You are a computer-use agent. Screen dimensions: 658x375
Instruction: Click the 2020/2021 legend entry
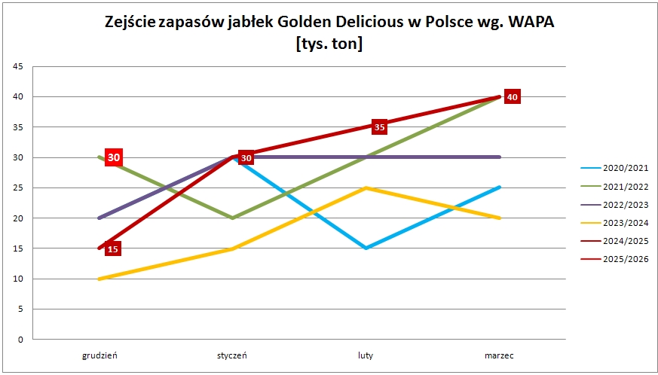pyautogui.click(x=614, y=168)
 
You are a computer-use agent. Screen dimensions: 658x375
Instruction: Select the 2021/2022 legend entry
pyautogui.click(x=614, y=187)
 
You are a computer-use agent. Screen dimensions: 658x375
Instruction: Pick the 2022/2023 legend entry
pyautogui.click(x=614, y=205)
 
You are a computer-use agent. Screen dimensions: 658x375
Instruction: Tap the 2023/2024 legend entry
pyautogui.click(x=614, y=223)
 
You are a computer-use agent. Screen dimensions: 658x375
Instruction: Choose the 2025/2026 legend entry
pyautogui.click(x=614, y=259)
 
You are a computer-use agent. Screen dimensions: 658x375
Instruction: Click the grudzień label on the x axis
pyautogui.click(x=99, y=356)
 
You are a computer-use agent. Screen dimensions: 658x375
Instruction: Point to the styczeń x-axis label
pyautogui.click(x=232, y=356)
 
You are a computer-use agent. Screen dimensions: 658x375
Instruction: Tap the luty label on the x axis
pyautogui.click(x=366, y=356)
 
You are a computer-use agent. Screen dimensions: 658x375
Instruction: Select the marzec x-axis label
pyautogui.click(x=499, y=356)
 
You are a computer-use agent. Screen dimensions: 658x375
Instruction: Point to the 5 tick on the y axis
pyautogui.click(x=20, y=309)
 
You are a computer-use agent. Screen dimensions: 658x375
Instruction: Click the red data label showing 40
pyautogui.click(x=513, y=97)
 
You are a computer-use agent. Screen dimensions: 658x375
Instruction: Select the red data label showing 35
pyautogui.click(x=379, y=127)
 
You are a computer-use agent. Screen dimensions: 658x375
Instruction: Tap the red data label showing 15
pyautogui.click(x=113, y=248)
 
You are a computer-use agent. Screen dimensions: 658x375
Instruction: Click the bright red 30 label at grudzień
pyautogui.click(x=114, y=157)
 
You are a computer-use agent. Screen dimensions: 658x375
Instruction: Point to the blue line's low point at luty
pyautogui.click(x=366, y=248)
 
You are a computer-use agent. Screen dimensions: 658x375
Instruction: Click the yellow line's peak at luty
pyautogui.click(x=366, y=188)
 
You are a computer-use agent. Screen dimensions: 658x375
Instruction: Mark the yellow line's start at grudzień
pyautogui.click(x=99, y=279)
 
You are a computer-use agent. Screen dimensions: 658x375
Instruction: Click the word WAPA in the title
pyautogui.click(x=531, y=23)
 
